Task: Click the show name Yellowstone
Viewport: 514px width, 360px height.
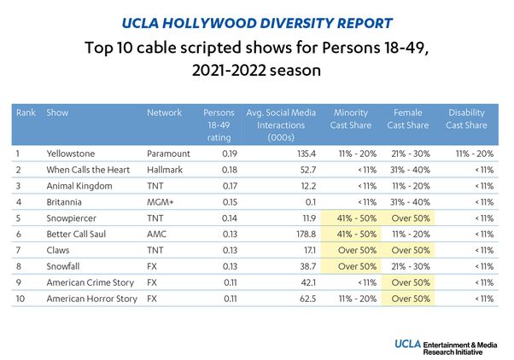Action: (73, 154)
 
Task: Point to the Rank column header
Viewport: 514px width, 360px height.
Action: (26, 113)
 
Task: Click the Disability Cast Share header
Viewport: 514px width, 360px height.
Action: (467, 119)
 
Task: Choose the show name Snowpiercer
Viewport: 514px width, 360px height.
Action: (73, 218)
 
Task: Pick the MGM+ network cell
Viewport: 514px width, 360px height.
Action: (161, 201)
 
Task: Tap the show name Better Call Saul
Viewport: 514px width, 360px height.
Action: (78, 234)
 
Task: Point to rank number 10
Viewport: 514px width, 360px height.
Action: (22, 298)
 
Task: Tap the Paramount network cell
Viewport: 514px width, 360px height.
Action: (167, 154)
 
